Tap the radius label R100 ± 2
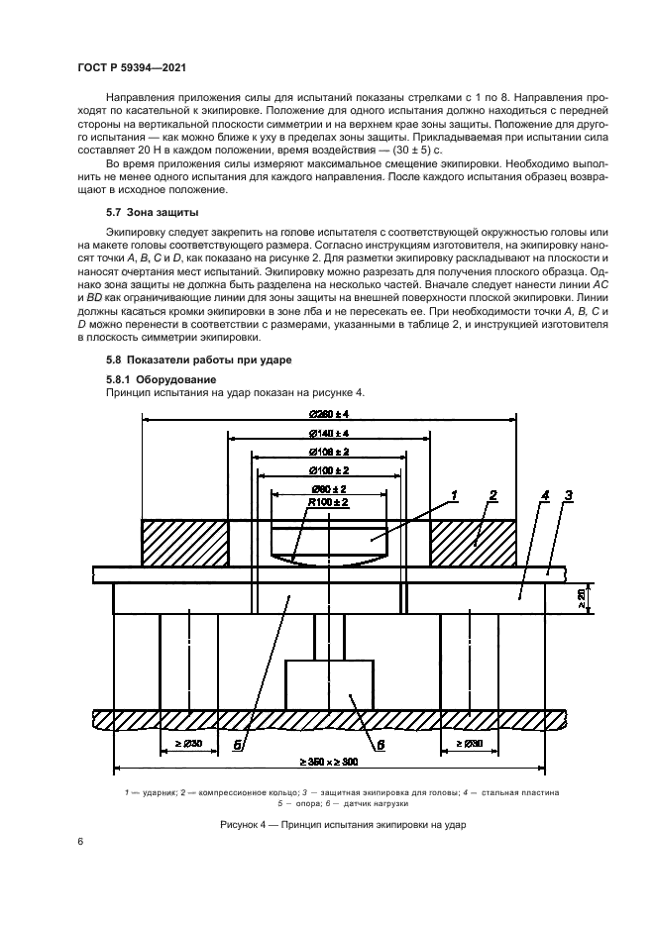(x=328, y=504)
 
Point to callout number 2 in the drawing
(x=492, y=494)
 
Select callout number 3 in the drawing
(x=568, y=494)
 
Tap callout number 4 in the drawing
(x=545, y=494)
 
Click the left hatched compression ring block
(x=185, y=543)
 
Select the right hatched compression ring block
(x=472, y=543)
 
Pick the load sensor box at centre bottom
(x=329, y=684)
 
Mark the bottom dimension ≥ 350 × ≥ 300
(x=328, y=763)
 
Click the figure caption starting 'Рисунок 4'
(x=328, y=825)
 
